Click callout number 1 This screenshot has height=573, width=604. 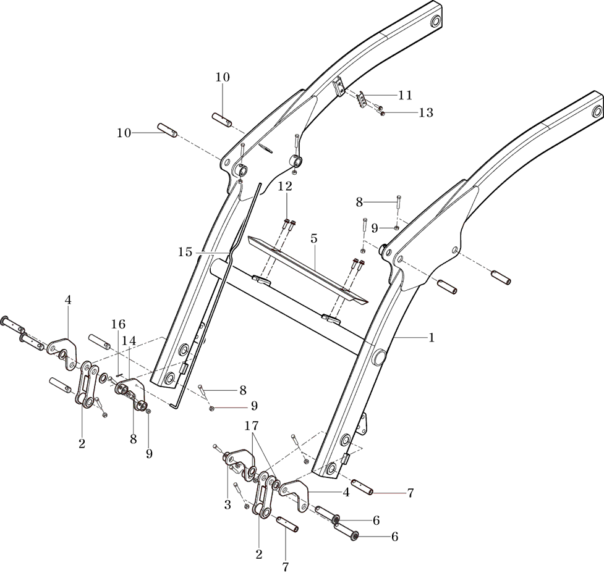[432, 338]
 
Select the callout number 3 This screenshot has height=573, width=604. [228, 504]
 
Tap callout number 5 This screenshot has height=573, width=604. [313, 238]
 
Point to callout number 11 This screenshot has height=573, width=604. [405, 95]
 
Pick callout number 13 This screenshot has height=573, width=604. [426, 112]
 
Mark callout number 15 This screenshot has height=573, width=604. [185, 252]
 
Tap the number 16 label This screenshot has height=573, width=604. [118, 324]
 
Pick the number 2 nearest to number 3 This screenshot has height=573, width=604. [259, 554]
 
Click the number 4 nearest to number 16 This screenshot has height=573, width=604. [68, 300]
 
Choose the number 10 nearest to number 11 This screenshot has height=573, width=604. [223, 78]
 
